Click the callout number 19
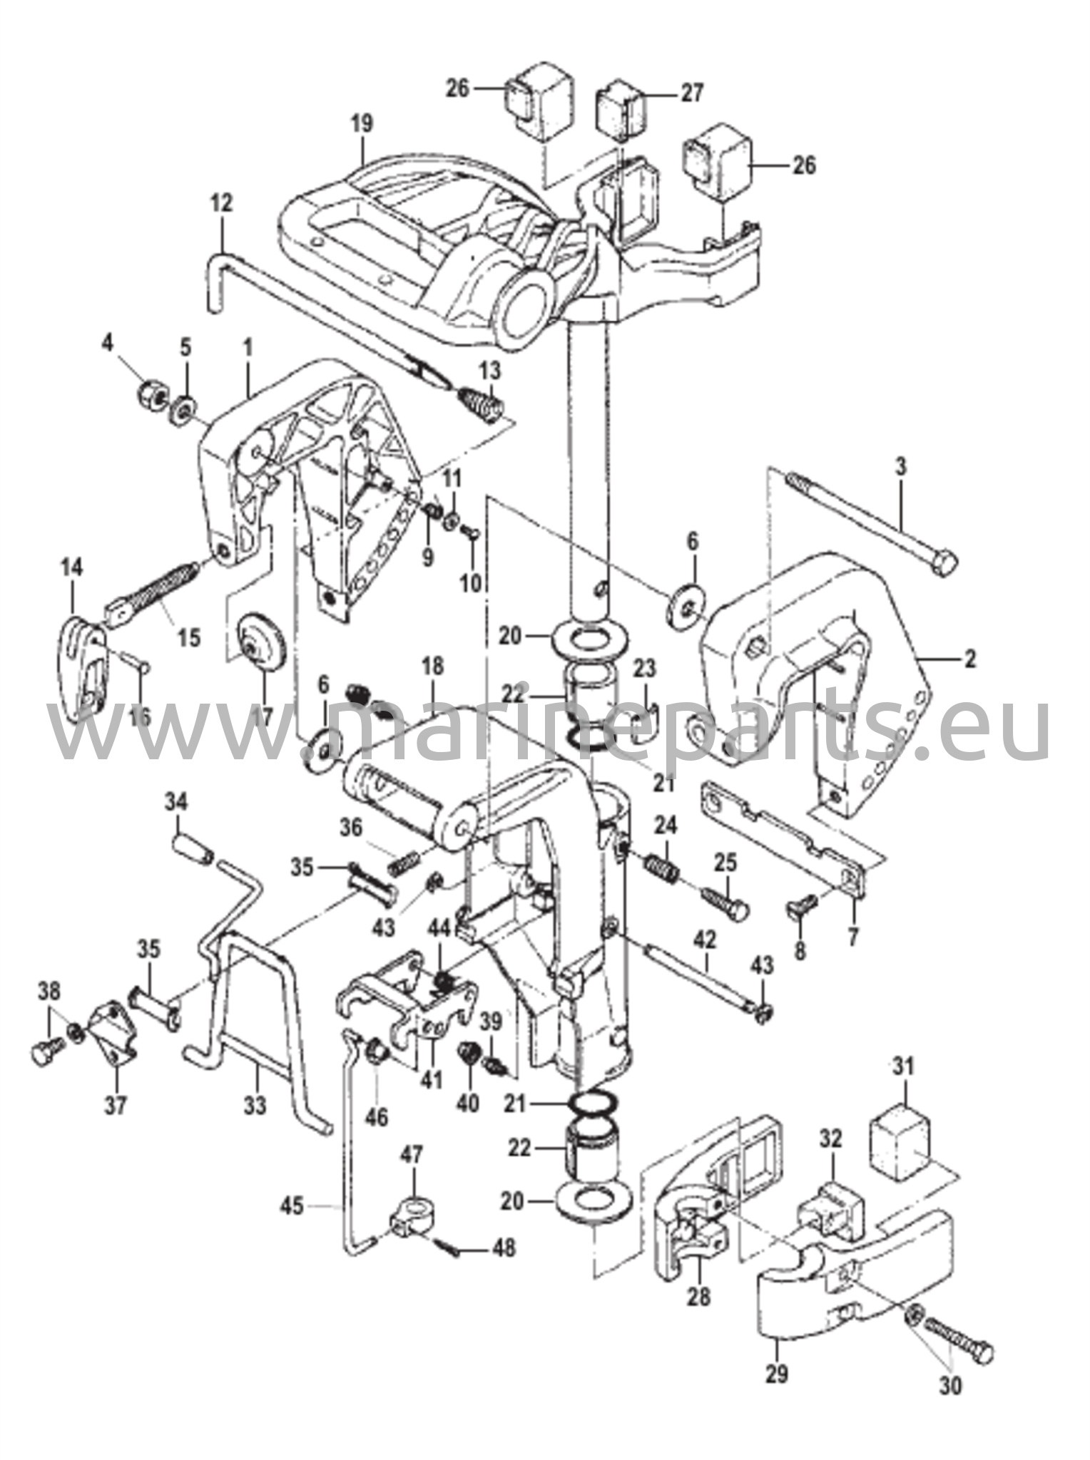click(362, 123)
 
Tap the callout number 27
click(692, 93)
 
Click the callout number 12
click(222, 203)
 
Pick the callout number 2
click(969, 659)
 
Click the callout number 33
click(255, 1106)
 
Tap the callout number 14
click(71, 569)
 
